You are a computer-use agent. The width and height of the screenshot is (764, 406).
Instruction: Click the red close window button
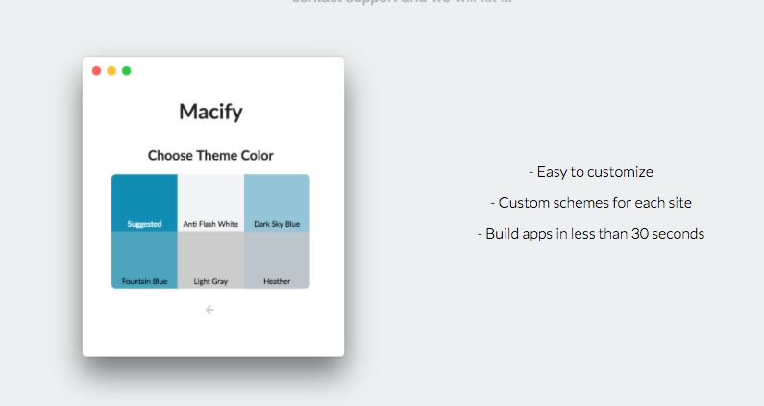pyautogui.click(x=96, y=71)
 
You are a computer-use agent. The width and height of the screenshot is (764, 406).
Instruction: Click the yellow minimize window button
pyautogui.click(x=111, y=71)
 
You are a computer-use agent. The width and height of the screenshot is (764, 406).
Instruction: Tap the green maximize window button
pyautogui.click(x=127, y=71)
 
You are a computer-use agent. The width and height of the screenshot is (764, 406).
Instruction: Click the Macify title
pyautogui.click(x=210, y=112)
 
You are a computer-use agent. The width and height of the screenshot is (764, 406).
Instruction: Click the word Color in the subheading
pyautogui.click(x=257, y=155)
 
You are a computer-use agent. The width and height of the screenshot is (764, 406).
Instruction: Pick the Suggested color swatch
pyautogui.click(x=144, y=202)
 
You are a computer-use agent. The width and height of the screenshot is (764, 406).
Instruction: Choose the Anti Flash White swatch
pyautogui.click(x=210, y=202)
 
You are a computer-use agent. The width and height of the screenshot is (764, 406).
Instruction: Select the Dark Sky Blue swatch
pyautogui.click(x=277, y=202)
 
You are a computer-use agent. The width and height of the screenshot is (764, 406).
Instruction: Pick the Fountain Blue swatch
pyautogui.click(x=144, y=259)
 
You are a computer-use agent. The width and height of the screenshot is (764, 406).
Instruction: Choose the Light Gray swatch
pyautogui.click(x=210, y=259)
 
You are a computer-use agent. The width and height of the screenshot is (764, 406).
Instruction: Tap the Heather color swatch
pyautogui.click(x=277, y=259)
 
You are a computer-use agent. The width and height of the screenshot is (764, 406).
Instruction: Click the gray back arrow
pyautogui.click(x=209, y=309)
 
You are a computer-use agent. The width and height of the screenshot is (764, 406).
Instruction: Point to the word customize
pyautogui.click(x=620, y=172)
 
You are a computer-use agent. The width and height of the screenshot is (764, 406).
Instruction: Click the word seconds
pyautogui.click(x=674, y=234)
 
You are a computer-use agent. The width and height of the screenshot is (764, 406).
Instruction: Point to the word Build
pyautogui.click(x=503, y=234)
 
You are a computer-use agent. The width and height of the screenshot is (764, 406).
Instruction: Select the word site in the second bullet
pyautogui.click(x=678, y=203)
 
